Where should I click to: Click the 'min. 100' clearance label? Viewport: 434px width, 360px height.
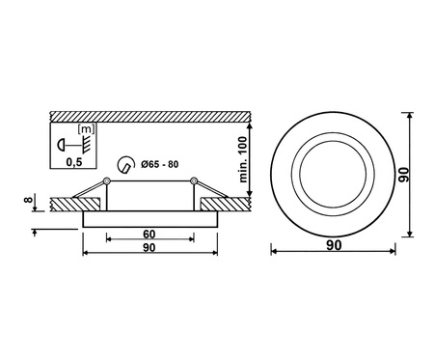pyautogui.click(x=244, y=159)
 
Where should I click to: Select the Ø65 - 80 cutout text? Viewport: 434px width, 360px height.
pyautogui.click(x=160, y=164)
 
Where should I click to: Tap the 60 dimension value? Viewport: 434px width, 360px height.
pyautogui.click(x=149, y=235)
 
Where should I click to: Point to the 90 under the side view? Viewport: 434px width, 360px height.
pyautogui.click(x=149, y=247)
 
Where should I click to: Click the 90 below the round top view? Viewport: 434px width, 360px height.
pyautogui.click(x=334, y=245)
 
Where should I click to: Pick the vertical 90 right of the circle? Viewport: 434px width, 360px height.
pyautogui.click(x=403, y=175)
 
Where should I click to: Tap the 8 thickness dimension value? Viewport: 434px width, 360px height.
pyautogui.click(x=29, y=200)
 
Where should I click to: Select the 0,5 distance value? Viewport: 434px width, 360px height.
pyautogui.click(x=74, y=162)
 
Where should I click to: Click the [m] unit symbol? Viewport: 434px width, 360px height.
pyautogui.click(x=86, y=129)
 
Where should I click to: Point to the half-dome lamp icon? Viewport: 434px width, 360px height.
pyautogui.click(x=61, y=146)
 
